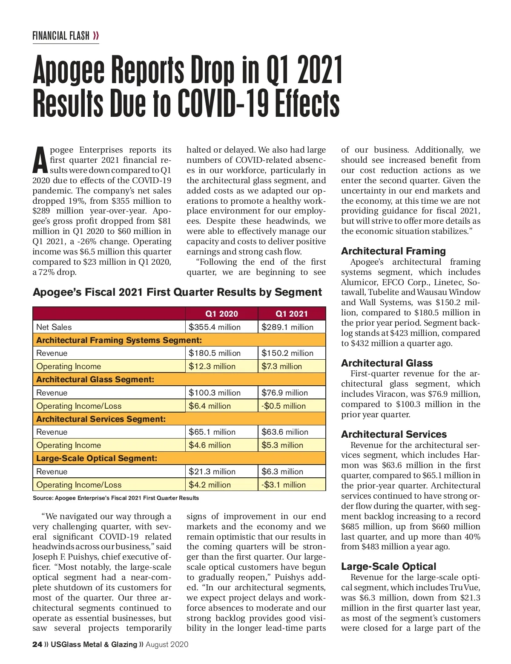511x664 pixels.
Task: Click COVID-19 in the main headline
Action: [x=221, y=104]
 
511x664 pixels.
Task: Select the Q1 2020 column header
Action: [x=221, y=314]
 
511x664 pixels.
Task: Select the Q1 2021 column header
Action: [x=292, y=314]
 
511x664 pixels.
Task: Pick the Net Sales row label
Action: [x=54, y=327]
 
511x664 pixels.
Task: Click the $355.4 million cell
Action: [x=215, y=327]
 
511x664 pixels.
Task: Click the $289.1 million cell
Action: [x=287, y=327]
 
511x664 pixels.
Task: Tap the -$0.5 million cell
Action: [x=284, y=406]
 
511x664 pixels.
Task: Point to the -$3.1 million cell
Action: [x=284, y=485]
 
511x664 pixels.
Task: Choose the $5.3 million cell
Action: [x=282, y=445]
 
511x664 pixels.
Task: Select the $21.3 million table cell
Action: [x=212, y=471]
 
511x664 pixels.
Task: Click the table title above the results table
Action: [x=177, y=292]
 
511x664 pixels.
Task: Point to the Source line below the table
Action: [x=116, y=498]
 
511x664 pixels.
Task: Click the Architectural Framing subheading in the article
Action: [x=393, y=251]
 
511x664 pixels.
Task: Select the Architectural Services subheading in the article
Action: [x=394, y=434]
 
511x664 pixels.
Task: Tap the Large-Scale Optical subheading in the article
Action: [x=389, y=566]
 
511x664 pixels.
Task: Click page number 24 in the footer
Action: [x=37, y=644]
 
